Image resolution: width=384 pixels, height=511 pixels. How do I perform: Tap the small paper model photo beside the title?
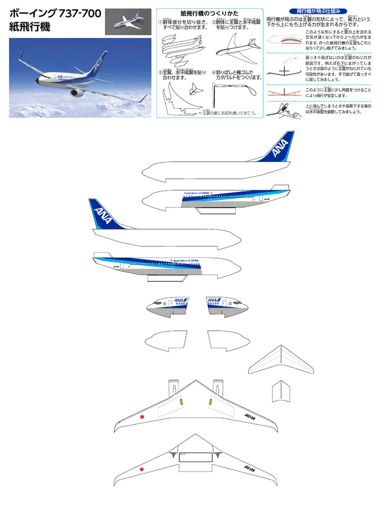(127, 22)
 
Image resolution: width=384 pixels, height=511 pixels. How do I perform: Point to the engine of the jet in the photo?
(76, 92)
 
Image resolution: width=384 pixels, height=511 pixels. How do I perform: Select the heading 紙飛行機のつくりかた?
(209, 13)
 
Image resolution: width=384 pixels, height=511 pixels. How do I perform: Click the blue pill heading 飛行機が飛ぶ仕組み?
(318, 11)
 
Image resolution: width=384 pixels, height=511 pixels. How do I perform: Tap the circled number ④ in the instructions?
(213, 72)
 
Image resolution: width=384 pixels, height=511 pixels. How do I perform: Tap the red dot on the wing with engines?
(142, 417)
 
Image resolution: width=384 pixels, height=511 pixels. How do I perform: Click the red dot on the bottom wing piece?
(141, 470)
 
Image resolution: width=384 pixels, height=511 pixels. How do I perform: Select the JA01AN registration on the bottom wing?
(250, 468)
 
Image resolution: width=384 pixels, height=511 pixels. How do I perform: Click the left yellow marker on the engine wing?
(181, 401)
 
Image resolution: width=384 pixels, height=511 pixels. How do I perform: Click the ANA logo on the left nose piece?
(180, 300)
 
